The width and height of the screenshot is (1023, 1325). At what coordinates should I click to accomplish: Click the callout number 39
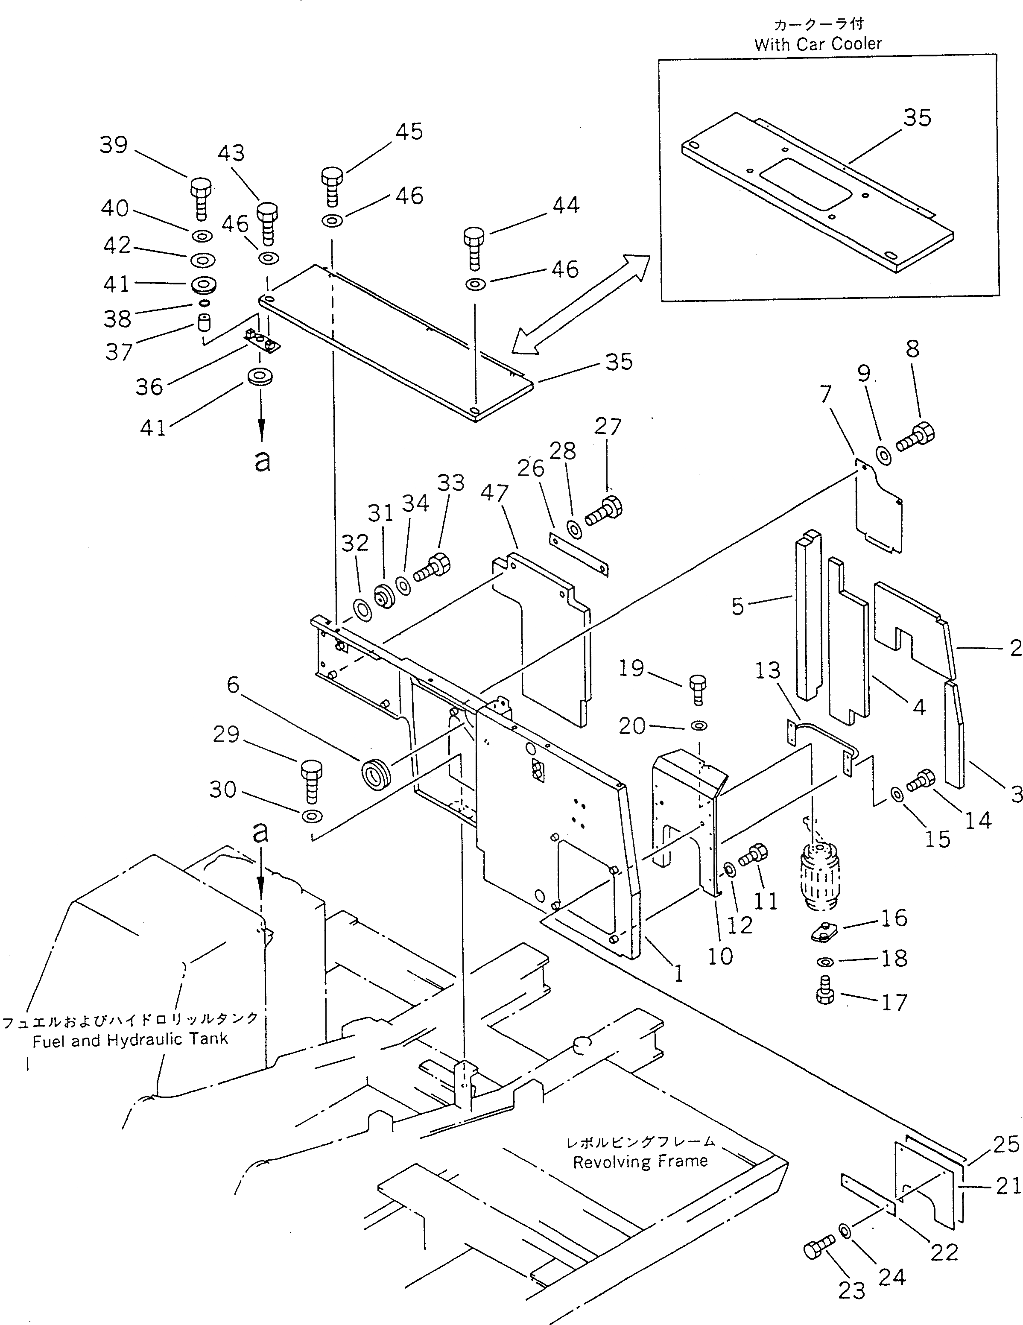114,145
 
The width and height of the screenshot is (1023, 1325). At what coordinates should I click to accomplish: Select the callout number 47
494,493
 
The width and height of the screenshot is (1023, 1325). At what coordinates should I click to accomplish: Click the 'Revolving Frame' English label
640,1161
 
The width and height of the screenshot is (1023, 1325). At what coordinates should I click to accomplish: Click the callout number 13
768,670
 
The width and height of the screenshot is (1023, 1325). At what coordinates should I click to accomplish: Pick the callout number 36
149,386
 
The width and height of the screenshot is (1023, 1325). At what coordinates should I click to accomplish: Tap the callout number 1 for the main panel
679,973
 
